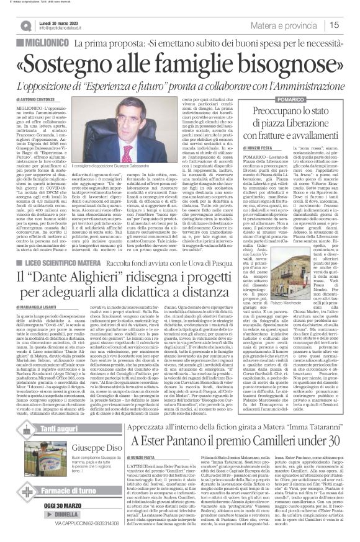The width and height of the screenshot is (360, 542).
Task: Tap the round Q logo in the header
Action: click(25, 24)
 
